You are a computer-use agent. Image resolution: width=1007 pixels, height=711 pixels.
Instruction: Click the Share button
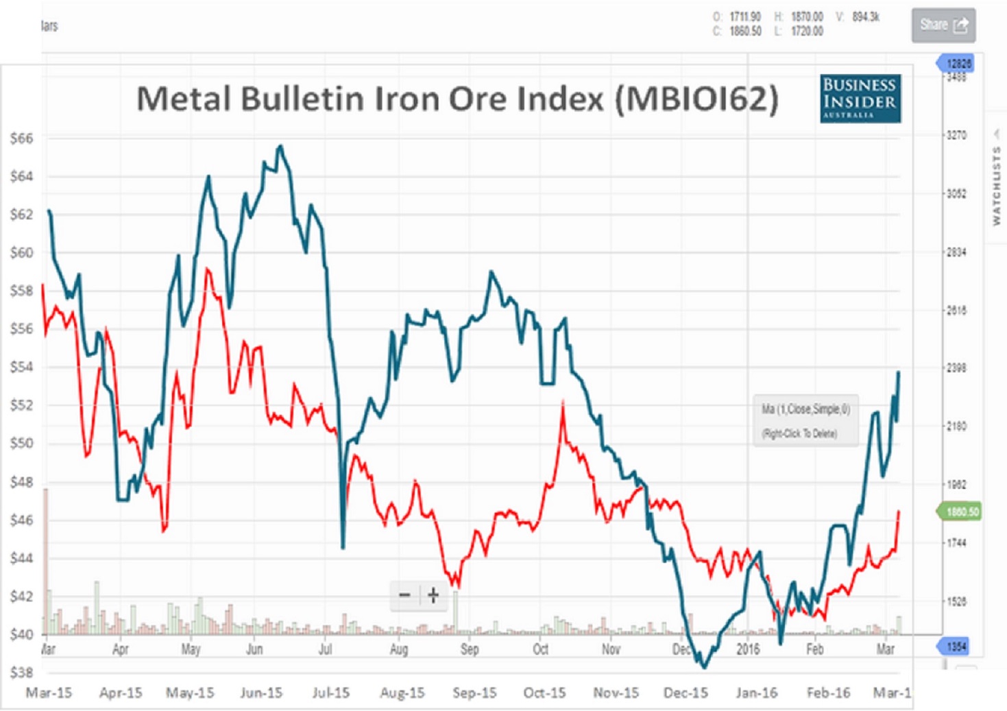[943, 25]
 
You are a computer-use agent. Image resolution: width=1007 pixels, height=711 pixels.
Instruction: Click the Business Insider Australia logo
[860, 99]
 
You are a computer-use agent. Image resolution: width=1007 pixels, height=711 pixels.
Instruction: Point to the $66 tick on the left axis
[21, 138]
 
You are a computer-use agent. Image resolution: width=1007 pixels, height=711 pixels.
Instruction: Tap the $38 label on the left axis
[21, 673]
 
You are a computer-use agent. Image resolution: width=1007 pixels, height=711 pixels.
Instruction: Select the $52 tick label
[21, 405]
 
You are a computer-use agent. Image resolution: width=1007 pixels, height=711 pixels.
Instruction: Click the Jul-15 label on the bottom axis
[331, 693]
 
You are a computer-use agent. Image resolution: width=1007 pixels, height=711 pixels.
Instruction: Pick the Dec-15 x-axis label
[686, 693]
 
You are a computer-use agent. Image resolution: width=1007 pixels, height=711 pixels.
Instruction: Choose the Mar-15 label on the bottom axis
[49, 693]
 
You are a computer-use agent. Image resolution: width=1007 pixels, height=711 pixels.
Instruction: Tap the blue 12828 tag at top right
[958, 64]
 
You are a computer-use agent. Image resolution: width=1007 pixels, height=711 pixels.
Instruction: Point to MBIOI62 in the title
[696, 99]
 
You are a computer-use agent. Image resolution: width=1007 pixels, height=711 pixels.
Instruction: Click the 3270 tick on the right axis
[956, 135]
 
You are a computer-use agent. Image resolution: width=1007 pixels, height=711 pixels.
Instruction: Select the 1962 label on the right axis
[956, 485]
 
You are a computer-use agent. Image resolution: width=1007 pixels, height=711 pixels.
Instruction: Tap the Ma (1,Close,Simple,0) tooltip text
[805, 409]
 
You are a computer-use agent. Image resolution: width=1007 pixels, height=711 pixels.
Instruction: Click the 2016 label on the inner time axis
[748, 649]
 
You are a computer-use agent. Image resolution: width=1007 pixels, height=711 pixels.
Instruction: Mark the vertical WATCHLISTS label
[997, 186]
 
